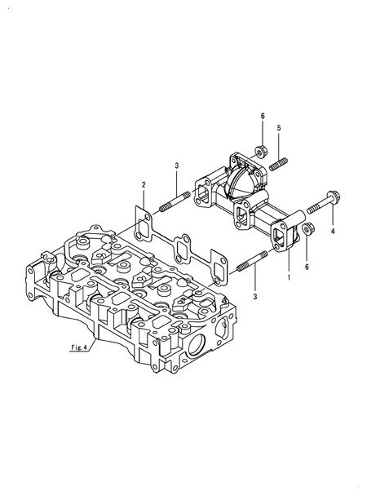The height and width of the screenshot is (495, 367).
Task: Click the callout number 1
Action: [288, 278]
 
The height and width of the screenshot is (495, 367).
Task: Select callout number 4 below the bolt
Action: [333, 232]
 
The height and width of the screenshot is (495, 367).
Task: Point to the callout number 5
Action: [278, 129]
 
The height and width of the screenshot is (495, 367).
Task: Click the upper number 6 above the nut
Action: [263, 117]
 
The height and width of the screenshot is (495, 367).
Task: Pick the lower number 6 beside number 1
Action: [307, 267]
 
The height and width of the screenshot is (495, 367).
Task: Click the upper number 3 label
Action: [176, 166]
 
